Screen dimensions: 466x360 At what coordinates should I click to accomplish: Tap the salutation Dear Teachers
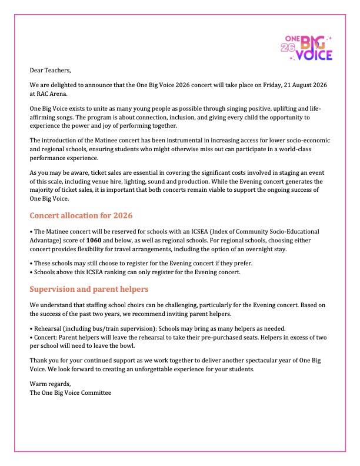[50, 70]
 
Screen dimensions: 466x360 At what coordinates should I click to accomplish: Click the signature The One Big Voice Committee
[70, 392]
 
